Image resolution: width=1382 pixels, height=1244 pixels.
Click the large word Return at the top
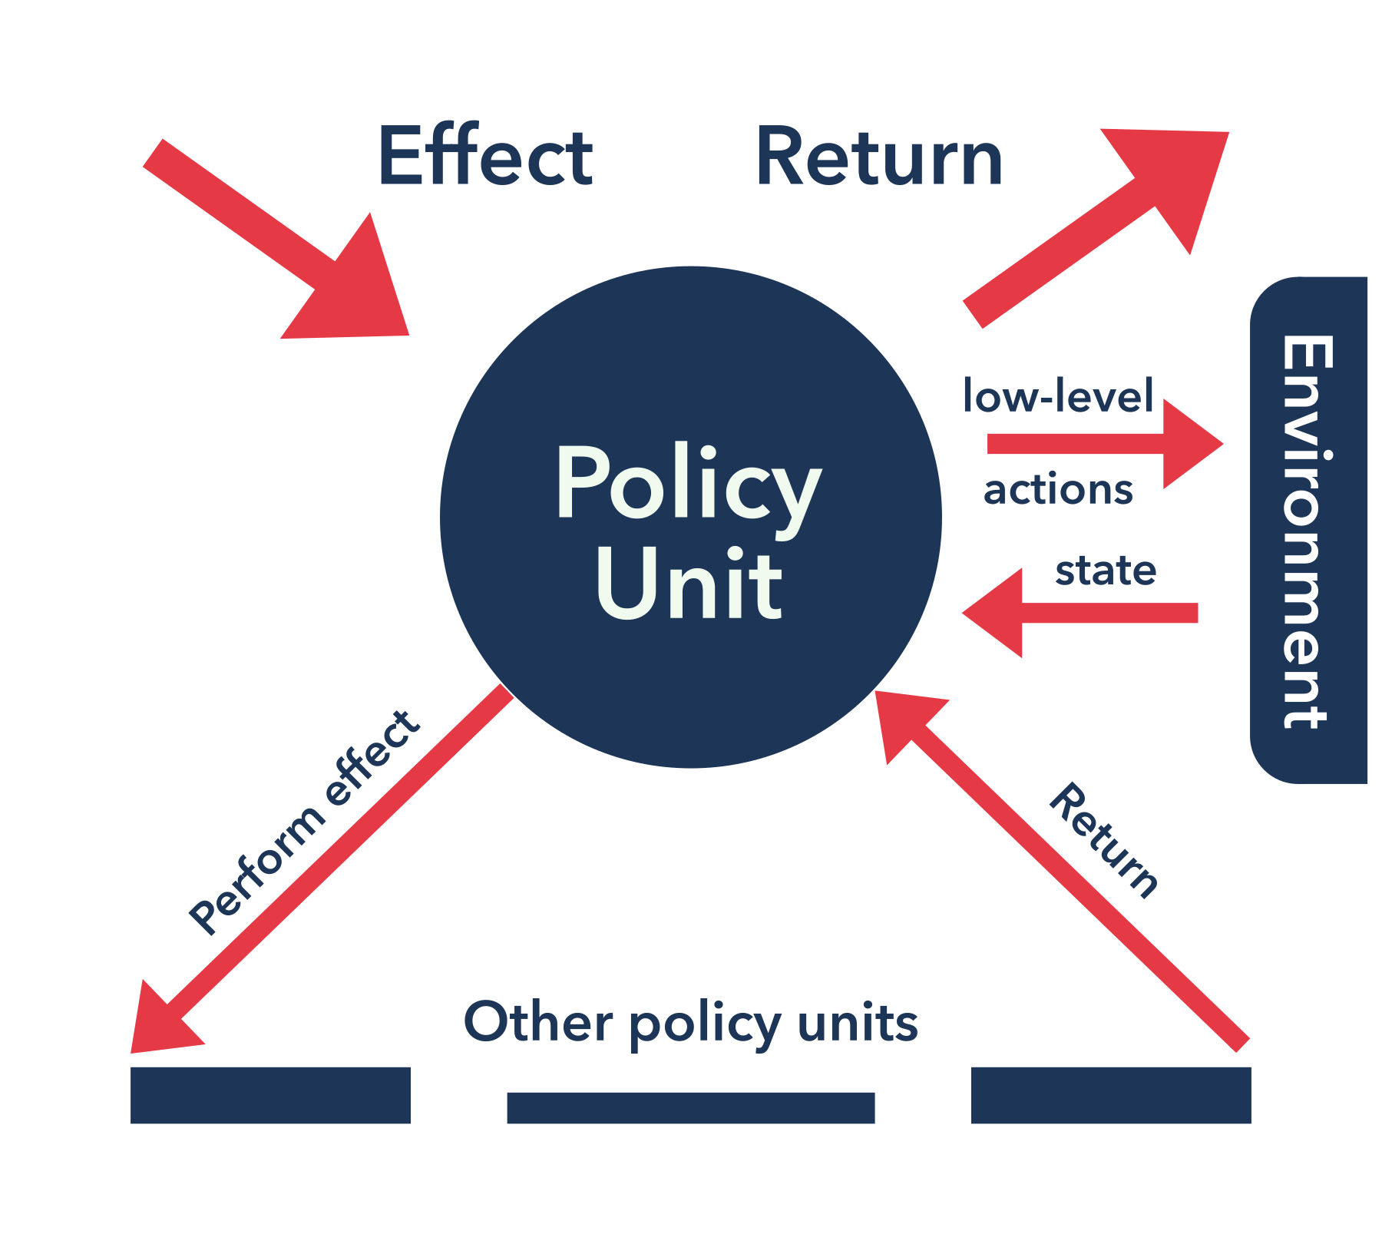pyautogui.click(x=879, y=157)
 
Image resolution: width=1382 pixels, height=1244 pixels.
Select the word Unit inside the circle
pyautogui.click(x=689, y=584)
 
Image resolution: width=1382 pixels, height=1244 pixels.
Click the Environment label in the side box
pyautogui.click(x=1307, y=531)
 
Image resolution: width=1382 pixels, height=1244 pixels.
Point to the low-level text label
pyautogui.click(x=1058, y=395)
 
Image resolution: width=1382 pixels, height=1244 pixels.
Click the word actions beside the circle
pyautogui.click(x=1058, y=489)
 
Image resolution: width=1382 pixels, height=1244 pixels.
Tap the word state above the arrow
pyautogui.click(x=1106, y=571)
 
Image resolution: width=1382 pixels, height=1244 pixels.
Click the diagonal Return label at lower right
pyautogui.click(x=1104, y=842)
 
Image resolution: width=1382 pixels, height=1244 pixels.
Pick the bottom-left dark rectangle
pyautogui.click(x=270, y=1095)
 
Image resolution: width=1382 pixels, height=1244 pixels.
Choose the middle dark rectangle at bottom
pyautogui.click(x=690, y=1107)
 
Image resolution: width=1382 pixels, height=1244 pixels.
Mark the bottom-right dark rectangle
pyautogui.click(x=1111, y=1095)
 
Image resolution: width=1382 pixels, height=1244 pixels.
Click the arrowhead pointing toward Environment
pyautogui.click(x=1188, y=444)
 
